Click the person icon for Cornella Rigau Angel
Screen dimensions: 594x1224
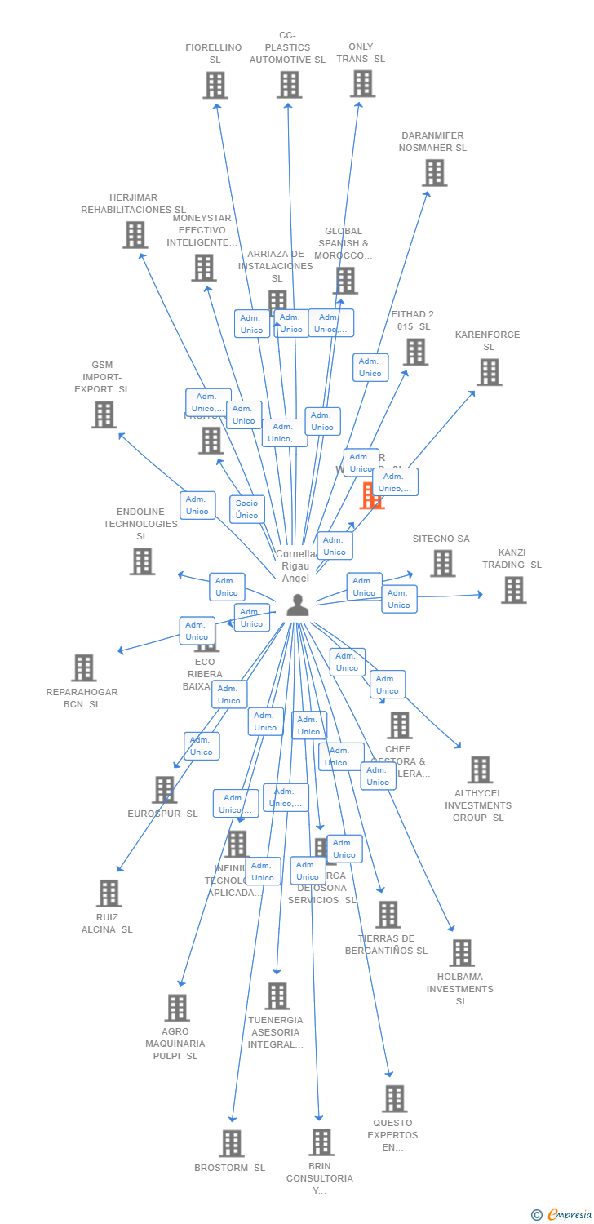point(298,605)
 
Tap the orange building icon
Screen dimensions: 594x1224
point(372,495)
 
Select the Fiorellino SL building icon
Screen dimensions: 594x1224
point(215,85)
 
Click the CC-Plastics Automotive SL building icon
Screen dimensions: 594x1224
point(290,85)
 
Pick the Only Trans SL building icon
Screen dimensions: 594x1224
point(363,83)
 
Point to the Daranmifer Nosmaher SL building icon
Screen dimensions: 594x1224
point(435,173)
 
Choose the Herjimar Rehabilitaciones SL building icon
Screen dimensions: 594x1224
point(135,235)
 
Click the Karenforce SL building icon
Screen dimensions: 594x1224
point(490,372)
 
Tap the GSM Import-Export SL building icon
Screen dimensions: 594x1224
point(104,415)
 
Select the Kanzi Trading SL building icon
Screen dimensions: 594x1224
point(514,590)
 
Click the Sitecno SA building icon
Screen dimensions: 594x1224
point(443,563)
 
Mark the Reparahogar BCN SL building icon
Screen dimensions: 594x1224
point(84,667)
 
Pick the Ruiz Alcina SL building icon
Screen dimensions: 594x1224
point(109,894)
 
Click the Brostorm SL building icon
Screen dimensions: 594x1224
point(232,1143)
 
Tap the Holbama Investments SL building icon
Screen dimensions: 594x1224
point(462,953)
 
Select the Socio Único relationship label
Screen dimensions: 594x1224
point(247,509)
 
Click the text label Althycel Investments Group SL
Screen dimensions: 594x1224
point(478,805)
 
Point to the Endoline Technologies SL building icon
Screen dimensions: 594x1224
point(143,561)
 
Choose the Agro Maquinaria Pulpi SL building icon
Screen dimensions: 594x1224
point(178,1008)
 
